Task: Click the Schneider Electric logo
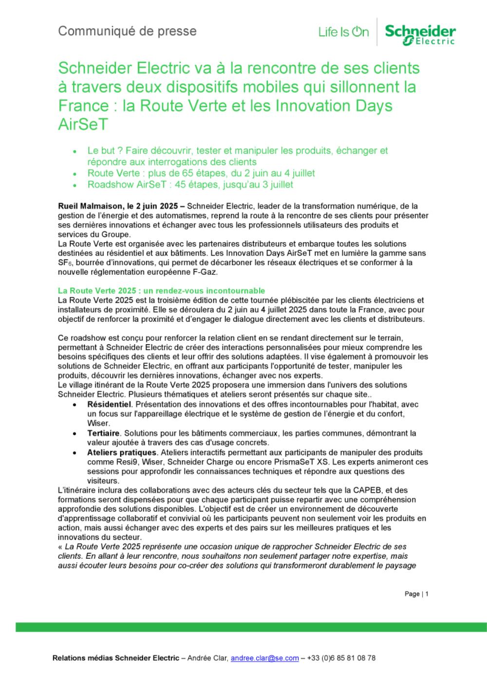pos(420,34)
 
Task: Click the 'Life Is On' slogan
pos(343,33)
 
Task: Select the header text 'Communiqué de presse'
pos(127,31)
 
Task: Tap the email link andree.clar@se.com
pos(264,658)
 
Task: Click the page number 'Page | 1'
pos(416,594)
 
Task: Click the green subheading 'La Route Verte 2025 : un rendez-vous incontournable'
pos(161,291)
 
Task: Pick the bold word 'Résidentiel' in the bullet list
pos(110,404)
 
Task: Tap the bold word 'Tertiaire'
pos(104,433)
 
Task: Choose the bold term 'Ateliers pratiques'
pos(122,453)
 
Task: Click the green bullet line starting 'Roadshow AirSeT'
pos(190,185)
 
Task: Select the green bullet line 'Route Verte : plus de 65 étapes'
pos(201,173)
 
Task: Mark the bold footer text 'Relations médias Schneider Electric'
pos(116,658)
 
